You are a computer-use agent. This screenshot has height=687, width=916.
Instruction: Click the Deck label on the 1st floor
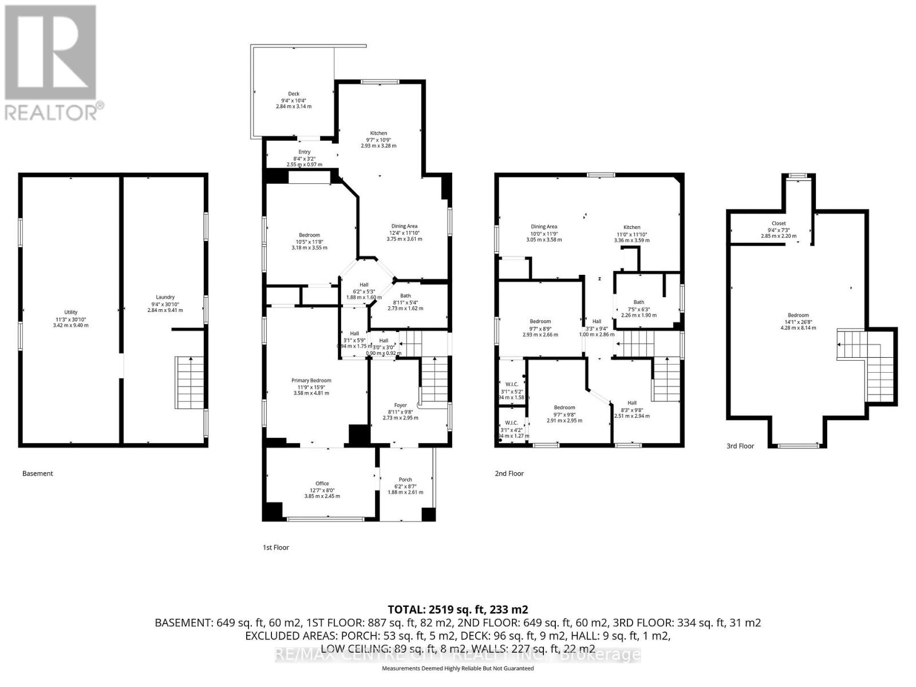pos(293,94)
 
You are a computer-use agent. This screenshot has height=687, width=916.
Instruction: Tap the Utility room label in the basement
pos(71,312)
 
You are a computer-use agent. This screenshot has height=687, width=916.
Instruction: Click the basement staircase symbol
pos(191,382)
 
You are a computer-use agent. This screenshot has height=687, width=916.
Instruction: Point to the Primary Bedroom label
pos(311,380)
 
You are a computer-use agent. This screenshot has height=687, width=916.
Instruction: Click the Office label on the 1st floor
pos(322,483)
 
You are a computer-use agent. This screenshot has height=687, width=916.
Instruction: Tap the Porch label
pos(405,480)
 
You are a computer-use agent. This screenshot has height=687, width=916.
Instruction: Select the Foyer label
pos(400,405)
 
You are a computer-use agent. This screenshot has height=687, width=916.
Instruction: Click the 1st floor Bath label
pos(405,296)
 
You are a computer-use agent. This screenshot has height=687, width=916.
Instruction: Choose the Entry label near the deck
pos(304,152)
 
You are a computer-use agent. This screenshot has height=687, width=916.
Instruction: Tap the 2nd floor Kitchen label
pos(631,227)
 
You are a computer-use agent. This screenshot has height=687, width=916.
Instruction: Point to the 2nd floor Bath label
pos(638,302)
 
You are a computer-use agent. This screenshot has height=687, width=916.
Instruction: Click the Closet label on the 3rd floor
pos(779,223)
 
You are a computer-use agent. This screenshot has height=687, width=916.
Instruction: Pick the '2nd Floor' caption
pos(509,473)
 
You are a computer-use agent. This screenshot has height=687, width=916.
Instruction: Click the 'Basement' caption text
pos(37,473)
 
